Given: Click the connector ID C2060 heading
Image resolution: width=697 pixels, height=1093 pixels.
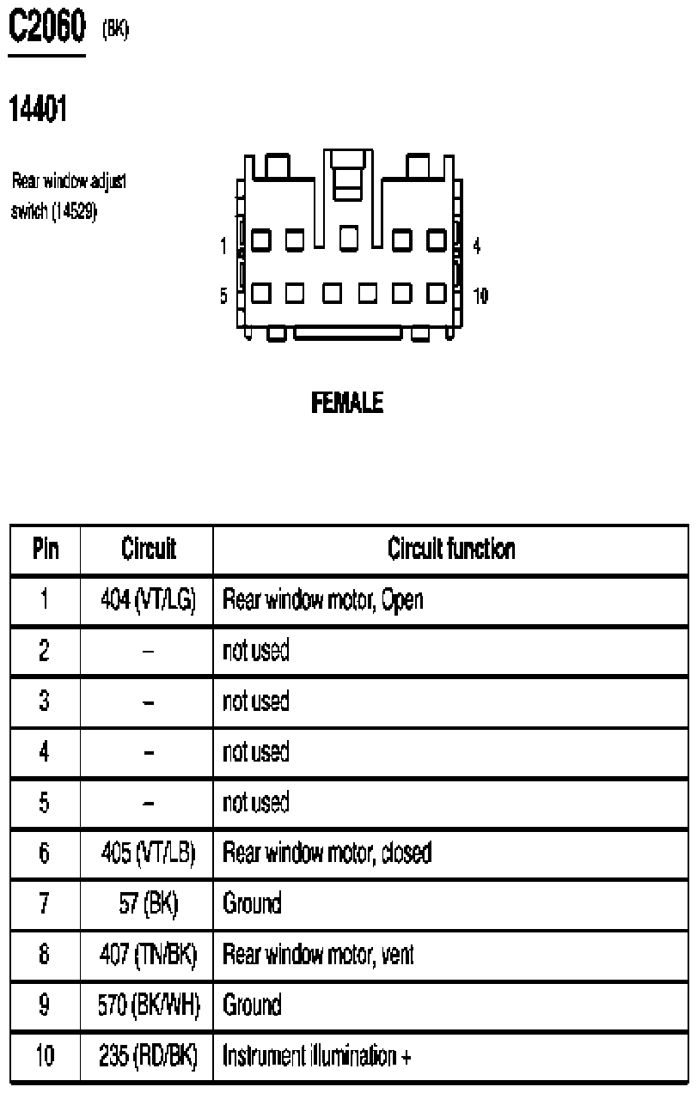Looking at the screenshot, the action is (47, 27).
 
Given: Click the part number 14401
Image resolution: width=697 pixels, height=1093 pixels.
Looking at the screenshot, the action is (38, 108).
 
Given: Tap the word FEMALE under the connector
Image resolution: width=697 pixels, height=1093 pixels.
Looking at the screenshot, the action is (347, 403).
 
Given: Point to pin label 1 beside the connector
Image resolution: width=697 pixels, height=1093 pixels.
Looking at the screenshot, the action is (223, 246).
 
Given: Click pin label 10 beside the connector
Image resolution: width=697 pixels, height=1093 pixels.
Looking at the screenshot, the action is (480, 295).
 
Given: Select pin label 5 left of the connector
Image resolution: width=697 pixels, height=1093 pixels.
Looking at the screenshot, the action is (223, 295).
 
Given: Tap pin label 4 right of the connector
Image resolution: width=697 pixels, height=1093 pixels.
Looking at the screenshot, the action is (477, 246).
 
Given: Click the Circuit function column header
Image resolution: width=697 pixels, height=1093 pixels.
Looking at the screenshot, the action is (451, 549).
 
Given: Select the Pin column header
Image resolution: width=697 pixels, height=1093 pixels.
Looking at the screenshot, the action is (46, 549).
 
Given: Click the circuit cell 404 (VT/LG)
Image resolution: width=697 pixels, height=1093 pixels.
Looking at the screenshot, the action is (148, 599).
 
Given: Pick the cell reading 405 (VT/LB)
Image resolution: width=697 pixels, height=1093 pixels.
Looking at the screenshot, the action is (148, 853).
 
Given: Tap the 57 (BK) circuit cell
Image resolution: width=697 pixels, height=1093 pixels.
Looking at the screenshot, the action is (149, 903).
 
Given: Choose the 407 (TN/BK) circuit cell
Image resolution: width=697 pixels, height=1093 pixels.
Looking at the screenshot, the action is (148, 954).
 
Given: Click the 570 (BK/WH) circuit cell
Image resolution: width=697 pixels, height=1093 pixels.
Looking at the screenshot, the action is (149, 1005).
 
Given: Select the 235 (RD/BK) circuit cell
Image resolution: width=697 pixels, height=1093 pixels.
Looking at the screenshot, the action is (148, 1055).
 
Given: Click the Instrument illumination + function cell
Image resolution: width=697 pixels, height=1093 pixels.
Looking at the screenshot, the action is (317, 1055).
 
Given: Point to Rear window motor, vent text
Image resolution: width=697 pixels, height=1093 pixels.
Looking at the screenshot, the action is (319, 954).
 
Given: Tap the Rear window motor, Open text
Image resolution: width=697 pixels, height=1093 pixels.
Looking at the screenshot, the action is (323, 599).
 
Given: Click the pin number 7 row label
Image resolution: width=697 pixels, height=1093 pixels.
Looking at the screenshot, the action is (45, 903).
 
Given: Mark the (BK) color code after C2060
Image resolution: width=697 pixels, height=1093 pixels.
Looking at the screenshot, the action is (116, 30).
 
